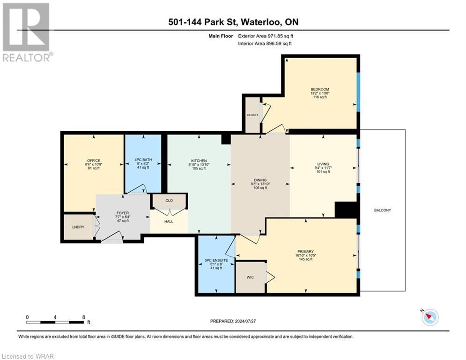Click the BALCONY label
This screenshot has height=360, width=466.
point(383,210)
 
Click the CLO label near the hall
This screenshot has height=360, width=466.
point(169,200)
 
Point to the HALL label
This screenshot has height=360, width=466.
point(169,221)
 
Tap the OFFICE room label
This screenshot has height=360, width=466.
point(93,161)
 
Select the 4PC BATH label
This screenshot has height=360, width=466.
point(143,161)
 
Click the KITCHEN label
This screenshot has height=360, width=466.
point(199,161)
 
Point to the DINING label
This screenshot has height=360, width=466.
point(260,180)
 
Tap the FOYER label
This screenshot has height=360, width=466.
point(122,212)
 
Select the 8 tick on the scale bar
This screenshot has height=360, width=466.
point(83,317)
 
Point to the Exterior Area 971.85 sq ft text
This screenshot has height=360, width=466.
point(266,36)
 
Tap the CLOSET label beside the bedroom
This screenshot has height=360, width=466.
point(252,114)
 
